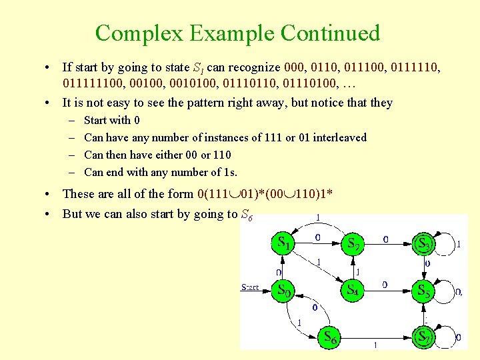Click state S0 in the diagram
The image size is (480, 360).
284,291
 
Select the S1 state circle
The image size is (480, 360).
284,244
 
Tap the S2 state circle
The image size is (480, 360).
354,244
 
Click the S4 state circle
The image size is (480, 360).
354,291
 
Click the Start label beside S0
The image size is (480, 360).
250,287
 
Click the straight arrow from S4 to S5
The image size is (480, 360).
387,291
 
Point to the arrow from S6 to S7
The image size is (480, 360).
377,338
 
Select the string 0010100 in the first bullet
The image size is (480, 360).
185,85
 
